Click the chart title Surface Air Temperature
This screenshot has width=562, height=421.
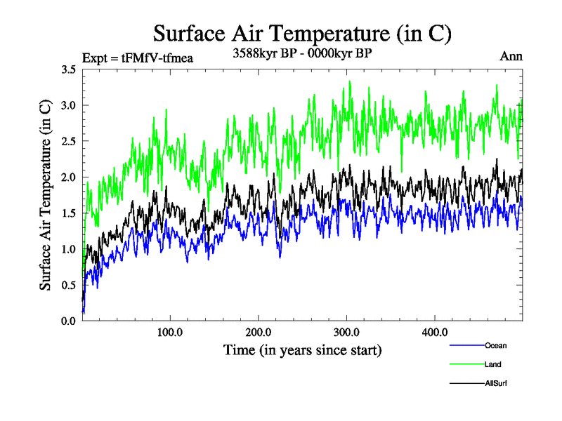click(302, 32)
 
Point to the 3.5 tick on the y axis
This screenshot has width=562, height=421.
click(69, 69)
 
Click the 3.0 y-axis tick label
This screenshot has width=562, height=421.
click(69, 105)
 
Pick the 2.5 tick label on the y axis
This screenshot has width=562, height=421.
click(69, 141)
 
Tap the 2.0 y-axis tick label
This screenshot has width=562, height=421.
click(69, 178)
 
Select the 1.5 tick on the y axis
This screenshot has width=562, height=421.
click(69, 213)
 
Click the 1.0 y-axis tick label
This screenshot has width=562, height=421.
click(69, 249)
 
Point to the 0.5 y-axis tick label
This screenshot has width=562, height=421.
click(69, 285)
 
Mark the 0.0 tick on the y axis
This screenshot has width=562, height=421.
click(69, 321)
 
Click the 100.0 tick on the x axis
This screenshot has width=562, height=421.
click(171, 332)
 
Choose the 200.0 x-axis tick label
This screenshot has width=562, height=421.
click(259, 332)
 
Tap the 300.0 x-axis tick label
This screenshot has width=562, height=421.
click(347, 332)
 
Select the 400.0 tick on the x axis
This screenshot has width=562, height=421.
click(436, 332)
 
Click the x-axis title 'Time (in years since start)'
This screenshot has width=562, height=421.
click(302, 349)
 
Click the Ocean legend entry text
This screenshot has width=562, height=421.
click(495, 345)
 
